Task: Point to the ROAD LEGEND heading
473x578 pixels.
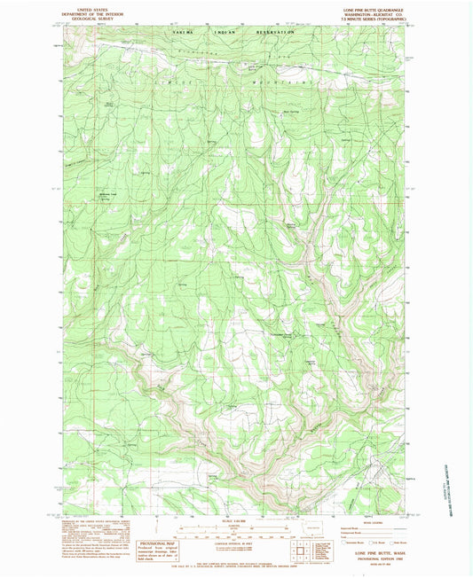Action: (360, 519)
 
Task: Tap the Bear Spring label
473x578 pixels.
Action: (290, 111)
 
